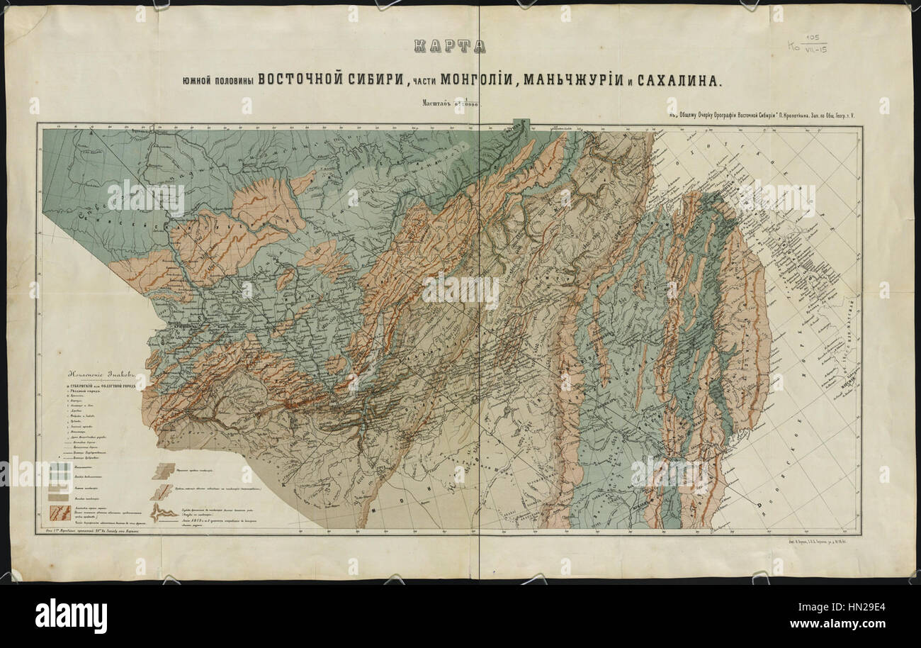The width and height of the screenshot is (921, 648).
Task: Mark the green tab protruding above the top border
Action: click(521, 123)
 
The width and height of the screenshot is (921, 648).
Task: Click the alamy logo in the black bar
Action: click(71, 615)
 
